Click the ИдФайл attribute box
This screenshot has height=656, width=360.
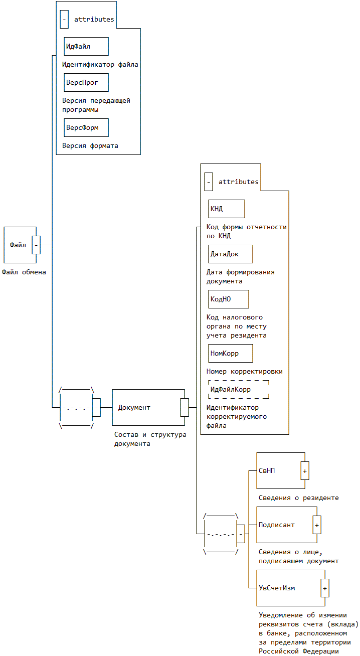(x=86, y=46)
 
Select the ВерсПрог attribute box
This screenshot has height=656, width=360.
(x=86, y=83)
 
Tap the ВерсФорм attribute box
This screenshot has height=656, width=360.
(x=86, y=128)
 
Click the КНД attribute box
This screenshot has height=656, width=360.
(x=227, y=209)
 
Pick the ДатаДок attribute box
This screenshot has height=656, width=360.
(x=231, y=254)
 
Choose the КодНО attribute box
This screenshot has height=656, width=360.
(x=229, y=299)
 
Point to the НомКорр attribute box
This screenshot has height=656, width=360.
(x=231, y=353)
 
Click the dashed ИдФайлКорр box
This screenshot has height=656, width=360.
(x=239, y=390)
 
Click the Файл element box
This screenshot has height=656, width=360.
(x=20, y=245)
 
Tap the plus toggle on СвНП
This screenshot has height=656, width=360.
(x=305, y=470)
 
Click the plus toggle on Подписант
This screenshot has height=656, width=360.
(x=317, y=525)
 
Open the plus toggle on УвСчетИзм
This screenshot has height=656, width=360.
(x=325, y=588)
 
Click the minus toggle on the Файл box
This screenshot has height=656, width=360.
(x=36, y=245)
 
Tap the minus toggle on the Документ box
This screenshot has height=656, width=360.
(x=185, y=407)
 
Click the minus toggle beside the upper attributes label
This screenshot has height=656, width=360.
(x=64, y=20)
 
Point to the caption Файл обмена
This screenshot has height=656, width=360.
(x=24, y=272)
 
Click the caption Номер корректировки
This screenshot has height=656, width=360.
(x=245, y=371)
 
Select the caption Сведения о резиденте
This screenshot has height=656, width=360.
(x=298, y=498)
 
